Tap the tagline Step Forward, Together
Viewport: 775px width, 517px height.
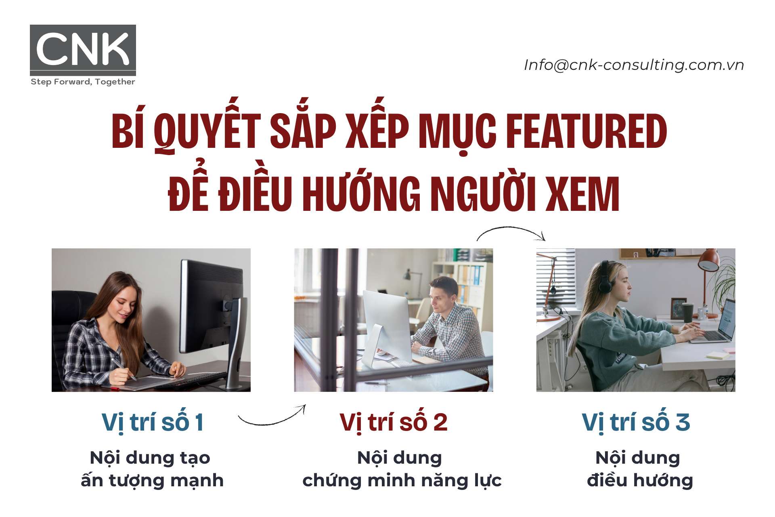point(83,82)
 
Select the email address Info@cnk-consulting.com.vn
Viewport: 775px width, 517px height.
point(634,65)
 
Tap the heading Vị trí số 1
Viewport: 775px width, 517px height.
point(152,422)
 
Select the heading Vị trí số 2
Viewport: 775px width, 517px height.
point(394,422)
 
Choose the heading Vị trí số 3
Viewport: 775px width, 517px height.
point(636,422)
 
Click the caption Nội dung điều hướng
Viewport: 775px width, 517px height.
point(639,469)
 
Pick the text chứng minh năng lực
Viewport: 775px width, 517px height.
point(402,481)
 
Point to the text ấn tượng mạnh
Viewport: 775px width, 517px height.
point(152,481)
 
